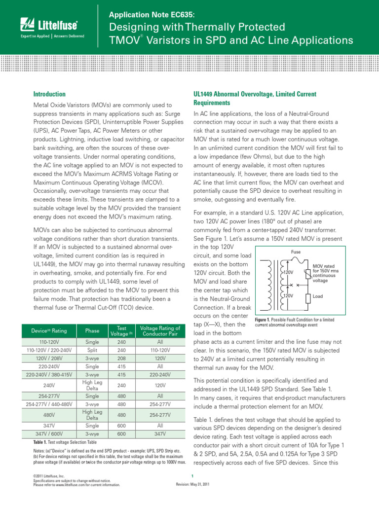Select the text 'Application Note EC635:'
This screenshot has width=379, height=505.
(x=149, y=15)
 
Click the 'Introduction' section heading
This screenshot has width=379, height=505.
(x=49, y=94)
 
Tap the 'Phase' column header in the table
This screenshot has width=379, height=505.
(x=92, y=330)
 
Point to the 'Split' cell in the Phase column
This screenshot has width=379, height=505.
(x=92, y=350)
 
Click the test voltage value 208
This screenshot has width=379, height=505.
(x=122, y=359)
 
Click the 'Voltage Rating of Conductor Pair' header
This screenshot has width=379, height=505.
(x=160, y=330)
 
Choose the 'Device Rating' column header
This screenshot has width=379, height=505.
(x=49, y=330)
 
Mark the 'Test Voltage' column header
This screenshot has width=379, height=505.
(x=122, y=330)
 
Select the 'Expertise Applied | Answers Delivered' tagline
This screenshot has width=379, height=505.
(x=52, y=36)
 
